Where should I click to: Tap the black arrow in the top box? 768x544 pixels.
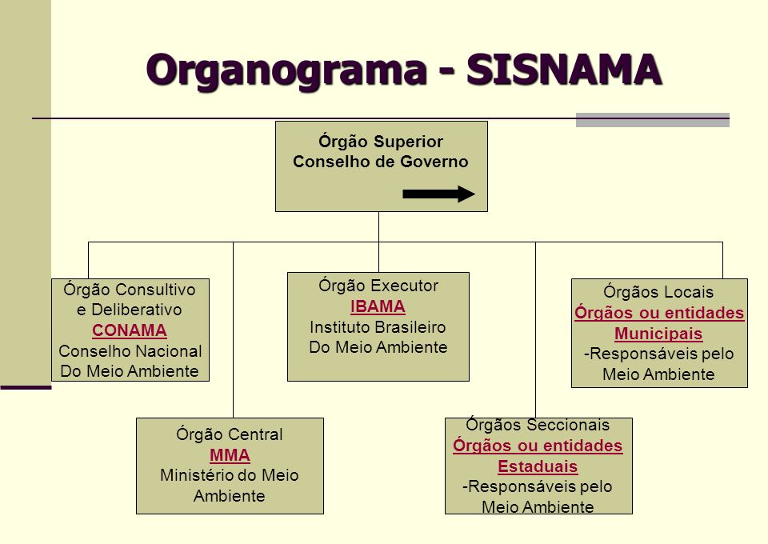point(438,194)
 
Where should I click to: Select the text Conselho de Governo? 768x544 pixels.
point(381,162)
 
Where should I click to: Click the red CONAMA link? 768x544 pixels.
point(130,330)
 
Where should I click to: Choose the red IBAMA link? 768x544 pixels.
point(378,307)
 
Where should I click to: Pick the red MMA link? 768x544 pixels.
point(230,455)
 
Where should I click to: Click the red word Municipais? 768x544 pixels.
point(658,334)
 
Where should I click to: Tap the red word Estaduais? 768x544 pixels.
point(538,466)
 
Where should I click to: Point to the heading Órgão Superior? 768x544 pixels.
point(381,142)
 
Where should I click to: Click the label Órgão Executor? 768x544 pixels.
point(378,286)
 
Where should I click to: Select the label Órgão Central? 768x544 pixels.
point(230,435)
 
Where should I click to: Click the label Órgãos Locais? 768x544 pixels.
point(658,292)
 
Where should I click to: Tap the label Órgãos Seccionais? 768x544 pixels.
point(538,425)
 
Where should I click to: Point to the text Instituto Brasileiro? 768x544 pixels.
point(378,327)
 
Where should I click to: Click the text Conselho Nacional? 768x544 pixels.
point(130,351)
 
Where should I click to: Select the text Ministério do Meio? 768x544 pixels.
point(230,475)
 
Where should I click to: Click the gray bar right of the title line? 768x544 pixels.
point(652,120)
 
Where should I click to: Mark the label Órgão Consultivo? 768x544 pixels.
point(130,290)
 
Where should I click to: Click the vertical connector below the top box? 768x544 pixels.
point(378,227)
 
